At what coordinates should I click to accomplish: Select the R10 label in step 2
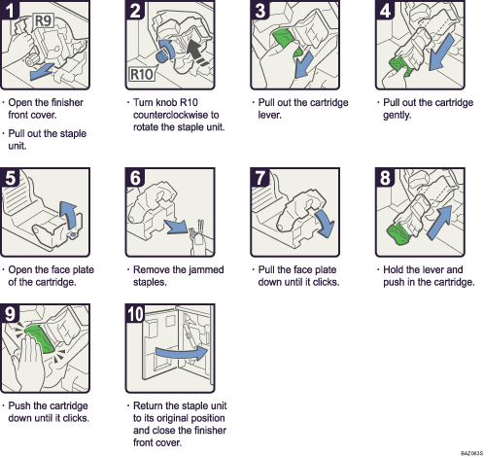(141, 74)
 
